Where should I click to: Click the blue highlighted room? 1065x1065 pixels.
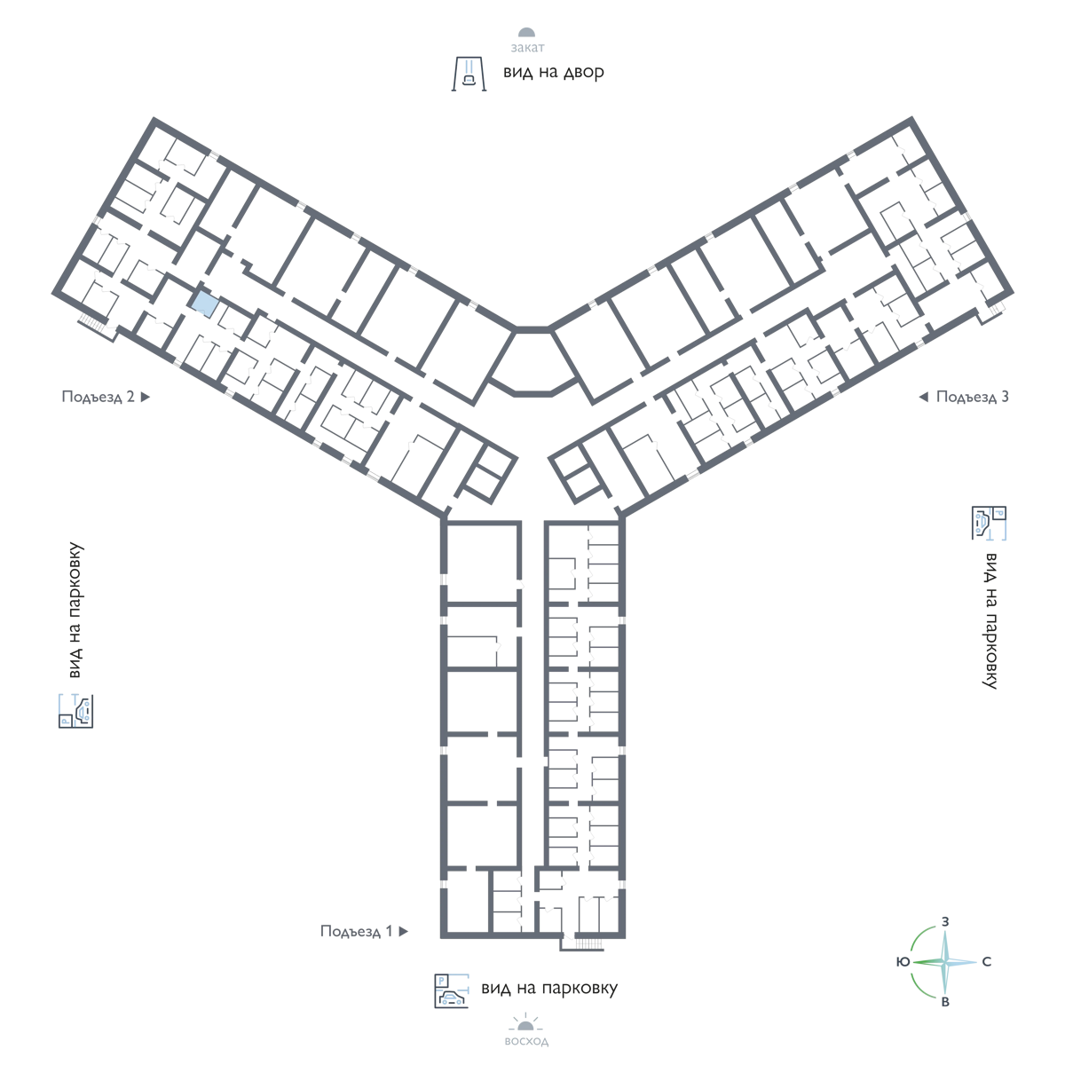204,304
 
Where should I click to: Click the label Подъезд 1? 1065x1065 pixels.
357,931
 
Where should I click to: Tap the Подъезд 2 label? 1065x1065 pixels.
98,397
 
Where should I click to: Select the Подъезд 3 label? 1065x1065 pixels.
972,397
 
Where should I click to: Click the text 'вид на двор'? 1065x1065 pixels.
553,73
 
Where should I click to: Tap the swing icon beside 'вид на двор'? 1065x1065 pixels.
469,74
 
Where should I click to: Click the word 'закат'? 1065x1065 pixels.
527,48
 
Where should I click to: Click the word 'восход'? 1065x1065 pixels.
526,1042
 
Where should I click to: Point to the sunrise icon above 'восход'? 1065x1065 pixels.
525,1023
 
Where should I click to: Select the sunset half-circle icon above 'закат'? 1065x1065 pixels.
526,33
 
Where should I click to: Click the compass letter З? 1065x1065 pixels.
945,922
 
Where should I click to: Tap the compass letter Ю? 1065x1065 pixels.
903,962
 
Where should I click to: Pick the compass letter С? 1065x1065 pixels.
987,962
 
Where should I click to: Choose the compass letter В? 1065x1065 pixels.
945,1002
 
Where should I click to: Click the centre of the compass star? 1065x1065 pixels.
945,962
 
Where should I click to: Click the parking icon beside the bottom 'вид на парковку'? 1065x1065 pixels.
452,991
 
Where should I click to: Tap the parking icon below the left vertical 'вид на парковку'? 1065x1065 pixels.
75,711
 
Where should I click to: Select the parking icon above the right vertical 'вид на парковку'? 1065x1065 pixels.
989,523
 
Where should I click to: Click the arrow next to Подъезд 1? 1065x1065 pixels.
404,931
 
